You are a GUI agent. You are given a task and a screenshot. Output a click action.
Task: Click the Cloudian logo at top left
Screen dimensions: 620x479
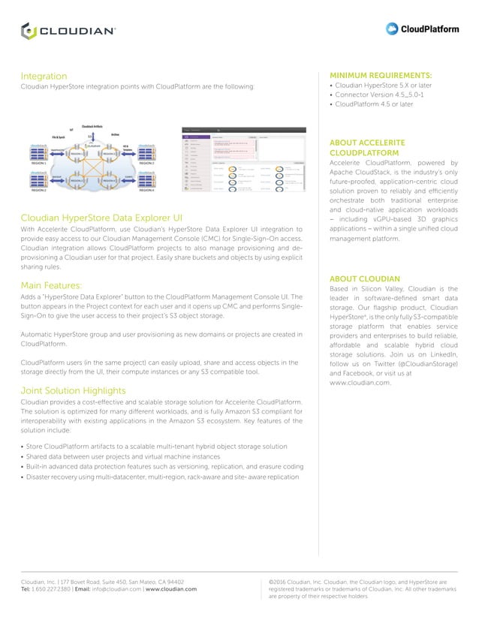tap(68, 31)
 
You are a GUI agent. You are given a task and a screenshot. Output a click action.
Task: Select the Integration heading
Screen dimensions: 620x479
tap(44, 77)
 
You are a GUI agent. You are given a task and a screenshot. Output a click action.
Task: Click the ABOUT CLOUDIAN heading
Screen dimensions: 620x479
tap(363, 277)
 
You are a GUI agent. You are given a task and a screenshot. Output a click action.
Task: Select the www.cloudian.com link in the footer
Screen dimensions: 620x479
tap(171, 589)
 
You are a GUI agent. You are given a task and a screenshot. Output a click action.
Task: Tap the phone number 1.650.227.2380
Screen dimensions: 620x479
tap(49, 589)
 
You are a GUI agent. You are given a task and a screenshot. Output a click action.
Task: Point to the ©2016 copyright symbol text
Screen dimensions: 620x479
tap(282, 582)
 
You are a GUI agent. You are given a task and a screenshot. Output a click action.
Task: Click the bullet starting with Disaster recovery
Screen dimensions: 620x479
tap(161, 477)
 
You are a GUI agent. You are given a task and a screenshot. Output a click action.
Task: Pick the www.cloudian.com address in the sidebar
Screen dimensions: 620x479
tap(360, 383)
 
